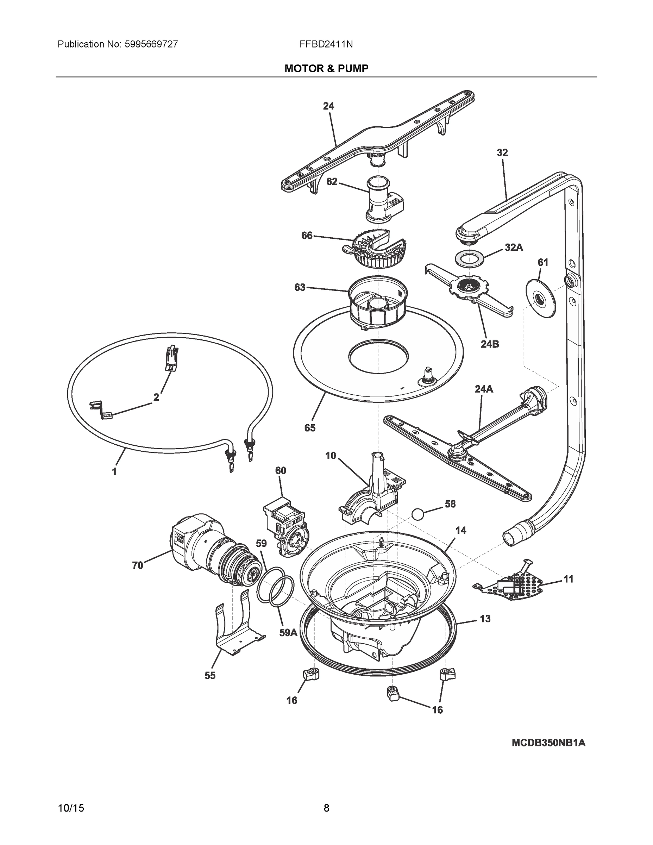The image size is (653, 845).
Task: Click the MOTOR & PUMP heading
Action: click(326, 69)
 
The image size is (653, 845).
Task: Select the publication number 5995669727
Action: click(151, 44)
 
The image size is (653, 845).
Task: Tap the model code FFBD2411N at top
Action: click(326, 44)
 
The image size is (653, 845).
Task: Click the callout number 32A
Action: click(513, 248)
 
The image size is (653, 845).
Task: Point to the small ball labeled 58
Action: click(419, 515)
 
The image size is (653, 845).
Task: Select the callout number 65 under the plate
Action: click(309, 427)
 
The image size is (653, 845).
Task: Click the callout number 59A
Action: click(288, 633)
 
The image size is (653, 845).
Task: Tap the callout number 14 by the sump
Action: click(460, 531)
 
